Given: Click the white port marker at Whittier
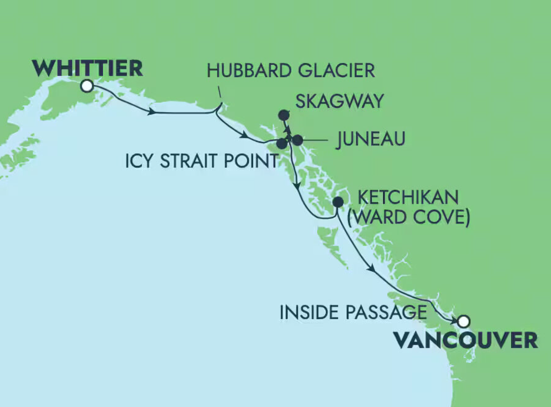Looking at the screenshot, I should (87, 86).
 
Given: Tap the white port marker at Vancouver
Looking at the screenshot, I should (464, 321).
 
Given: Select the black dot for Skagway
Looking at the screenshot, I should (284, 115).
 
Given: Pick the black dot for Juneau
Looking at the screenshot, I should (297, 140).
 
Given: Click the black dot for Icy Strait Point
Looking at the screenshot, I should (281, 143).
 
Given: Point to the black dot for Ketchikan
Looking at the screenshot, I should (338, 202).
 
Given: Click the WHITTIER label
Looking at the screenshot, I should (87, 68).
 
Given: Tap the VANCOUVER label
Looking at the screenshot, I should (465, 340).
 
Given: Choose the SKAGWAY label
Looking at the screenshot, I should (339, 101).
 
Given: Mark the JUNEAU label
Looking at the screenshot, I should (371, 139).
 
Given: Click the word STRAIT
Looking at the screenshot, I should (188, 161).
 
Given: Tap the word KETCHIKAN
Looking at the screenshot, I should (408, 197).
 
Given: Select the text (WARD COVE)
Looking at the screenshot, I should (408, 217).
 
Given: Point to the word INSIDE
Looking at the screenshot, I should (309, 312).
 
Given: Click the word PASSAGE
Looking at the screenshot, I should (386, 312).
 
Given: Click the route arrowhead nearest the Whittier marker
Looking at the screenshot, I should (151, 112).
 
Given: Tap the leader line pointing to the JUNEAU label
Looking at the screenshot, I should (315, 140).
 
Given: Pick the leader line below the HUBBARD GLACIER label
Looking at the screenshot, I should (220, 92).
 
